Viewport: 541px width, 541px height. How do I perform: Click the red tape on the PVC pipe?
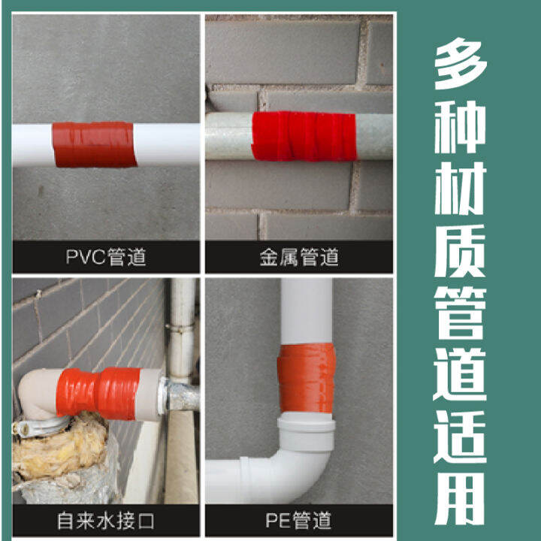(x=94, y=144)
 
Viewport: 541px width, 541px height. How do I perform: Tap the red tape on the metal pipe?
(x=303, y=136)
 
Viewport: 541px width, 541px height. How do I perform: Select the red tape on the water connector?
(x=107, y=392)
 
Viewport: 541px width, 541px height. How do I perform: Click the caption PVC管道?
(x=105, y=258)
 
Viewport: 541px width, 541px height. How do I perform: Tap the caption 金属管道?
(x=298, y=258)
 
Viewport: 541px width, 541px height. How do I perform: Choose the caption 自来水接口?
(x=105, y=519)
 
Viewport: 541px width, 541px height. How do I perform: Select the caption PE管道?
(x=298, y=519)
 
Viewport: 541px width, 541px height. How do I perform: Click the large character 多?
(x=461, y=62)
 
